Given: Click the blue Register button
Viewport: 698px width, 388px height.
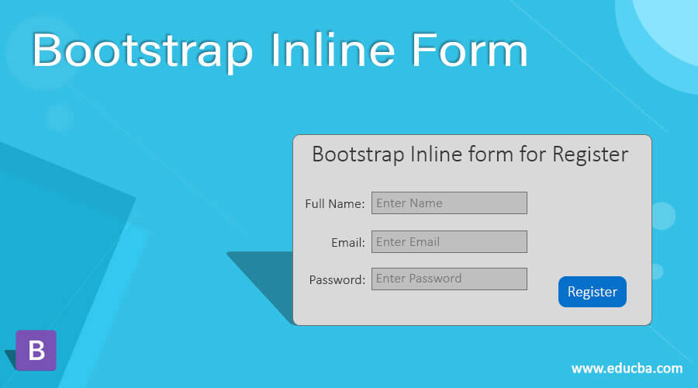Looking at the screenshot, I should [x=592, y=292].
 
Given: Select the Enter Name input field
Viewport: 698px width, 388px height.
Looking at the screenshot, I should [x=449, y=203].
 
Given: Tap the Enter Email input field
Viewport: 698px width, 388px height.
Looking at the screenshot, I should [x=449, y=241].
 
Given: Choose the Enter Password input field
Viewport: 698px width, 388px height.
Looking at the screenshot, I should [x=449, y=279].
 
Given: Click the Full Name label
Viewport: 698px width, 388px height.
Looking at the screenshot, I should [x=335, y=204].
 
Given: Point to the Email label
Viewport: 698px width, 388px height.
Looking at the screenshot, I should [x=348, y=242].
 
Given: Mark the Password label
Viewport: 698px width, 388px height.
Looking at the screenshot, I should [x=337, y=280].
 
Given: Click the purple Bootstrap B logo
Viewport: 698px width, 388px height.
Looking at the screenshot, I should [x=36, y=351].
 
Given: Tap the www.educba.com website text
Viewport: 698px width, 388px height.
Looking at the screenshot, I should [x=627, y=368].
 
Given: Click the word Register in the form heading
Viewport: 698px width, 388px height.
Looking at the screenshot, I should [x=589, y=154].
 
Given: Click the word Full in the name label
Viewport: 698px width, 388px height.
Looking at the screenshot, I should [x=315, y=204].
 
